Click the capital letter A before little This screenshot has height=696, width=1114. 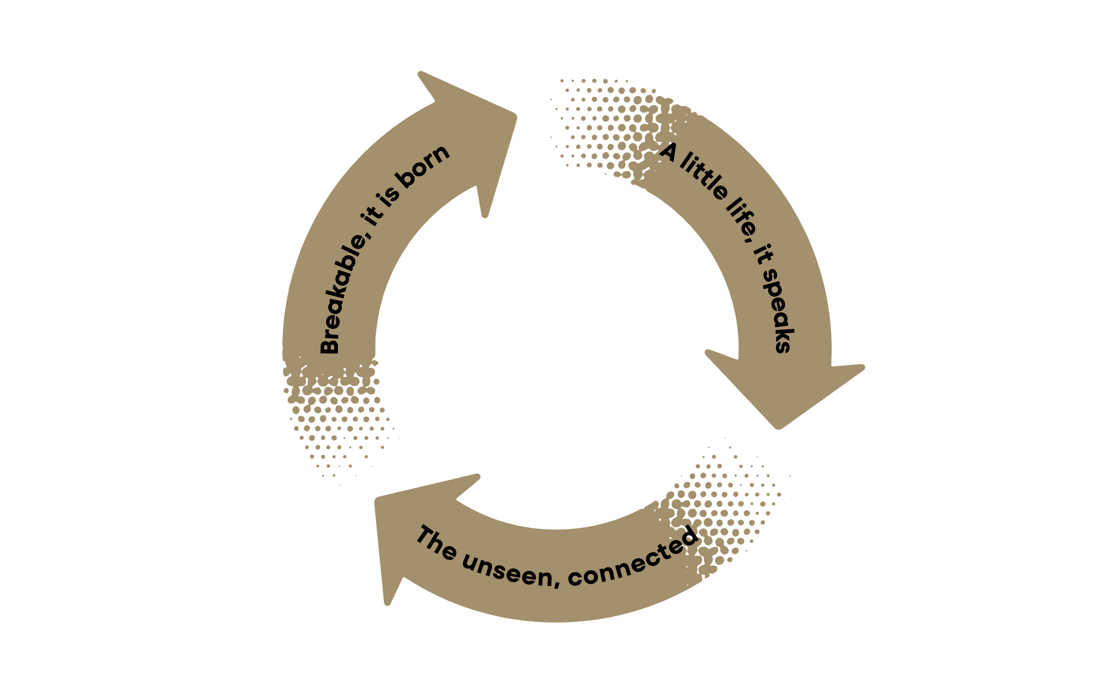click(x=669, y=152)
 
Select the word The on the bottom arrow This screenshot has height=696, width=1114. click(x=436, y=542)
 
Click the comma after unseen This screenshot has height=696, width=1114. click(x=557, y=583)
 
